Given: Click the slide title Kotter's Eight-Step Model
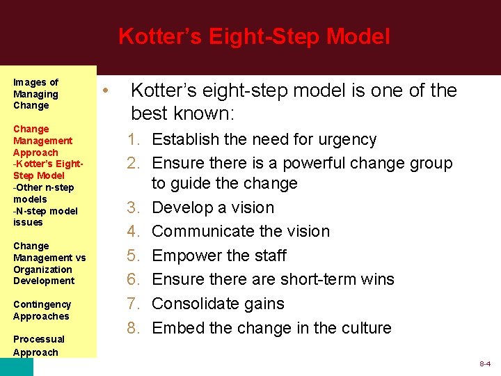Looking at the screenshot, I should coord(254,36).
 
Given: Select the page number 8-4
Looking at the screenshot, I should coord(485,364).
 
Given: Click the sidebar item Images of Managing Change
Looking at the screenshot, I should coord(35,94).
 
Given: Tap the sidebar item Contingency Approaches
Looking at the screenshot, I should coord(41,311).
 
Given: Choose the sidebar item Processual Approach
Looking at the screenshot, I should coord(38,345).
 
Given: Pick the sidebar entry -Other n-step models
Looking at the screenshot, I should coord(43,193).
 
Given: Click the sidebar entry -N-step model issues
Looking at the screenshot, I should coord(45,217).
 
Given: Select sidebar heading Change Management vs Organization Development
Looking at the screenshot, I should coord(49,263).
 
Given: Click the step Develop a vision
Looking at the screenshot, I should coord(213,207).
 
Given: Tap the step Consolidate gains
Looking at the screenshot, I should coord(218,304).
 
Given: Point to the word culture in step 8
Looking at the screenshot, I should coord(366,327).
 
